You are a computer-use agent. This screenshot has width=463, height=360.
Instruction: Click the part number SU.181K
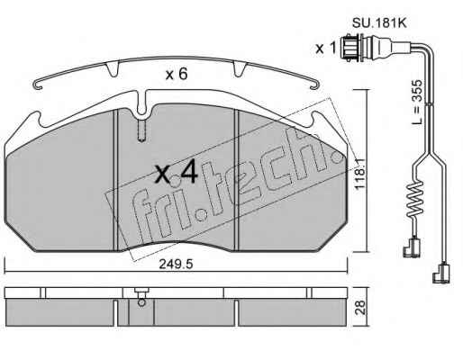(379, 22)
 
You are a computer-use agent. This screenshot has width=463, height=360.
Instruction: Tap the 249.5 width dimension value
(176, 265)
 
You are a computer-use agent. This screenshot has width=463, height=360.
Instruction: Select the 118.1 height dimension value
(359, 174)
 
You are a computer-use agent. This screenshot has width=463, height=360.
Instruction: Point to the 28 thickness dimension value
(361, 307)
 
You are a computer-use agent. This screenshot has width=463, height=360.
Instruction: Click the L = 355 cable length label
(417, 102)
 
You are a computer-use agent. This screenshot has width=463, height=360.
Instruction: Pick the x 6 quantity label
(177, 74)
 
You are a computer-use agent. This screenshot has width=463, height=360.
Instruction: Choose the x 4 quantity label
(177, 172)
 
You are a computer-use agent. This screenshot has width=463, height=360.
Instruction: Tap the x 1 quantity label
(325, 48)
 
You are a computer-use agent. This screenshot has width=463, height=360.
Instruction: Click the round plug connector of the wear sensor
(352, 48)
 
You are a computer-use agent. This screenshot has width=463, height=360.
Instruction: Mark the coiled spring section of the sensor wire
(414, 199)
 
